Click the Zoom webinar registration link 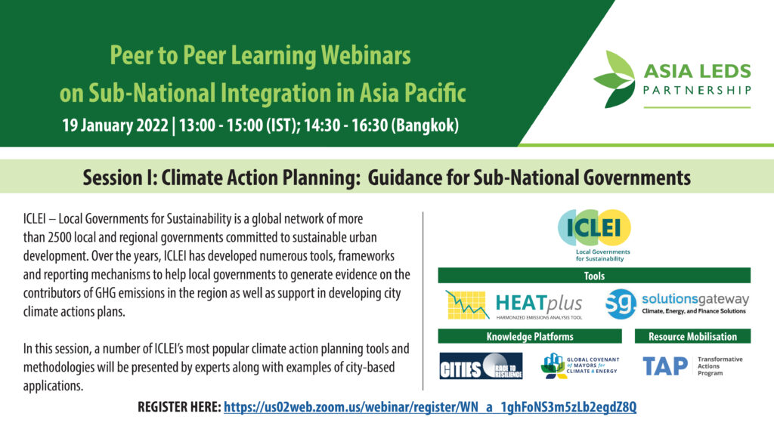[x=430, y=407]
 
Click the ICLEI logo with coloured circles [x=594, y=227]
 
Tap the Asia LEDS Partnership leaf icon [x=615, y=79]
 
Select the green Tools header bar [x=594, y=276]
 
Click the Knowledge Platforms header [x=530, y=336]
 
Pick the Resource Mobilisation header [x=692, y=336]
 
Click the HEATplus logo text [x=538, y=304]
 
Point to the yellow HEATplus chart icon [x=467, y=305]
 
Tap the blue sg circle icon [x=621, y=304]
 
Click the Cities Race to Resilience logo [x=481, y=366]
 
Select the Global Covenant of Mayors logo [x=580, y=366]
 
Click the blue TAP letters [x=665, y=366]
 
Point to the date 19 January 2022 [x=115, y=125]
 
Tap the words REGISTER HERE [x=179, y=407]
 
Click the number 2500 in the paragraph [x=60, y=238]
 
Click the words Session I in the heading [x=120, y=177]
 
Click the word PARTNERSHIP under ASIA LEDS [x=697, y=91]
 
